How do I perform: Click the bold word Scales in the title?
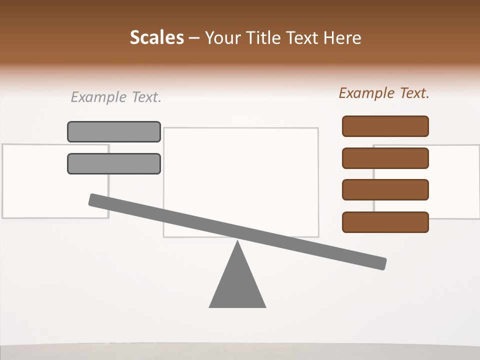coord(156,37)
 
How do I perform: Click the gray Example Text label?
coord(116,97)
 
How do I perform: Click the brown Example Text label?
coord(384,93)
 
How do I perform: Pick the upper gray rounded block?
coord(114,131)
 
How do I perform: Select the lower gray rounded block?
coord(114,163)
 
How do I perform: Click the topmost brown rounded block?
coord(385,126)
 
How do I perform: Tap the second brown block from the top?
coord(385,158)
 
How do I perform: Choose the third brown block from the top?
coord(385,190)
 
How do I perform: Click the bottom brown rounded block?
coord(385,222)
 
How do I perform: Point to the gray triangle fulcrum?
coord(237,285)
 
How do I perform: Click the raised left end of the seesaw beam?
coord(95,199)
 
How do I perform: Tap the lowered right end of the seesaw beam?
coord(380,263)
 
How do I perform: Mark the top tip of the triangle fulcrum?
coord(237,242)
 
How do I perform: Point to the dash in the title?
coord(194,38)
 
